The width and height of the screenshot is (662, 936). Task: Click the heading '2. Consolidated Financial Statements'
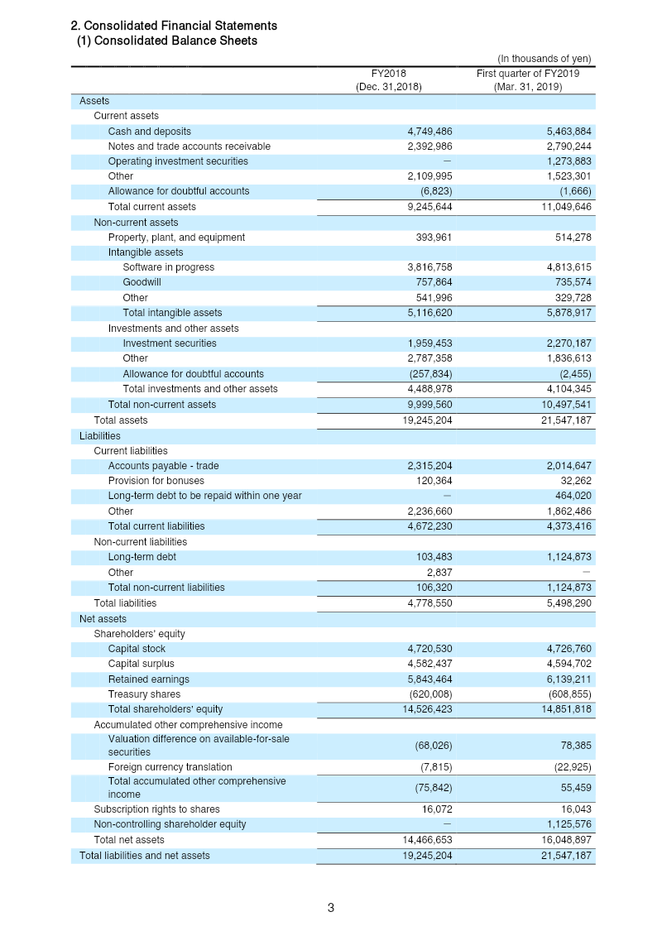pyautogui.click(x=174, y=26)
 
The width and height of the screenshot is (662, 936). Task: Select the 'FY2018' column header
pyautogui.click(x=389, y=73)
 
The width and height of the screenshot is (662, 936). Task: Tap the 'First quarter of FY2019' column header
pyautogui.click(x=527, y=73)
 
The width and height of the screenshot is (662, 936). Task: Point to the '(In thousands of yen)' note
pyautogui.click(x=544, y=59)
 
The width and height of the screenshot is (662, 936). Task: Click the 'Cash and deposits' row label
pyautogui.click(x=149, y=132)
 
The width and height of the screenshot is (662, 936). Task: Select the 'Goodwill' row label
pyautogui.click(x=142, y=282)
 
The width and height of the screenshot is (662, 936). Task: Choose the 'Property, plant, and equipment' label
pyautogui.click(x=176, y=238)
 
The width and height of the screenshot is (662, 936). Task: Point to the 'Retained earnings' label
pyautogui.click(x=149, y=679)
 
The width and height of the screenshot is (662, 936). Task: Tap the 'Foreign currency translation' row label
pyautogui.click(x=170, y=767)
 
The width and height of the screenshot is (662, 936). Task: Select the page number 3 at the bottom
pyautogui.click(x=331, y=908)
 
